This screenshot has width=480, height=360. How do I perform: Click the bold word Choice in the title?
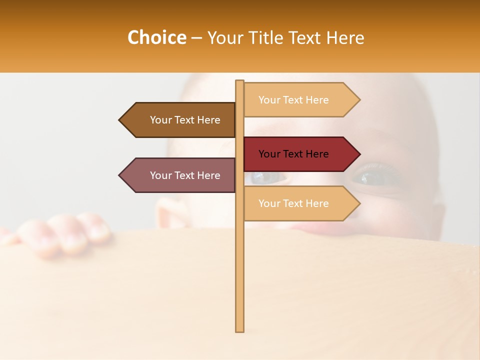point(156,38)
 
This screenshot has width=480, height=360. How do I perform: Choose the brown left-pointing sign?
point(177,120)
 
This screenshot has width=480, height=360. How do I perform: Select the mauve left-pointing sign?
point(177,175)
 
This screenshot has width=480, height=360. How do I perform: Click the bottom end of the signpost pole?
point(239,330)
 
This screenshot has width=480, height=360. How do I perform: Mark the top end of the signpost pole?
point(239,82)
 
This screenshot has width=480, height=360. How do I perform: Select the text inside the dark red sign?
point(293,154)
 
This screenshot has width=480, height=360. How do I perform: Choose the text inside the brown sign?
point(185,120)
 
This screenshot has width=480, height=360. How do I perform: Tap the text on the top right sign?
point(293,100)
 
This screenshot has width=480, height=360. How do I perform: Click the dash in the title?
point(196,38)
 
